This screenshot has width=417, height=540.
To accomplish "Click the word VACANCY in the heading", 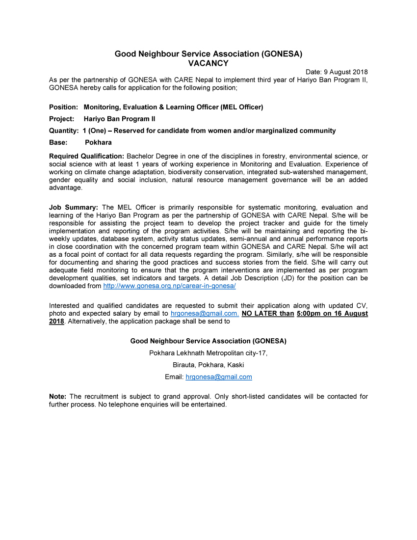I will tap(208, 63).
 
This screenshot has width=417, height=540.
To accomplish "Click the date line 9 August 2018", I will tap(337, 72).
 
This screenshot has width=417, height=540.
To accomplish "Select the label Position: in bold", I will tap(63, 107).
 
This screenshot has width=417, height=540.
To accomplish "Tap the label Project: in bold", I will tap(61, 119).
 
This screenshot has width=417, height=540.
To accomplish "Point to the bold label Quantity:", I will tap(64, 131).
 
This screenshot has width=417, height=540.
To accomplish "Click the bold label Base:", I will tap(58, 142).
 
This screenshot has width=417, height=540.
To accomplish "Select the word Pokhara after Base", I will tap(98, 142).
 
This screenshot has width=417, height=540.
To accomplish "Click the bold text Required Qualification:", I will tap(86, 156).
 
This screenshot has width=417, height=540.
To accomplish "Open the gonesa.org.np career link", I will tap(169, 286).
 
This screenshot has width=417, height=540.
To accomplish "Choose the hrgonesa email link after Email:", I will tap(218, 377).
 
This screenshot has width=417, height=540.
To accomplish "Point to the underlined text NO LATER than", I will tap(268, 314).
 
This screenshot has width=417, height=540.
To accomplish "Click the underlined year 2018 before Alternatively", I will tap(56, 322).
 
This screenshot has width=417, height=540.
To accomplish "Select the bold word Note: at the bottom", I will tap(58, 397).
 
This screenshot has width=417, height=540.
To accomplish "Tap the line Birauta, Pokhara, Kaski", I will tap(208, 365).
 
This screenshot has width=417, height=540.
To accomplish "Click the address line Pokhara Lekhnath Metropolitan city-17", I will tap(208, 353).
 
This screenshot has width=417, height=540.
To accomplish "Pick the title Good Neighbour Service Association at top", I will tap(208, 54).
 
